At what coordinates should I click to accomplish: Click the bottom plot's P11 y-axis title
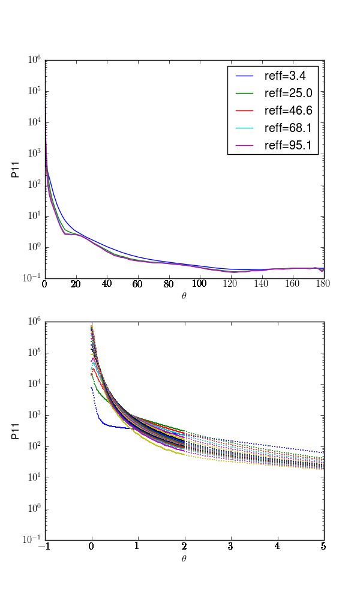pos(17,431)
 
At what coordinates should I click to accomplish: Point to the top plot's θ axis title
pos(184,295)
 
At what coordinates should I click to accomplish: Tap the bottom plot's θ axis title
pos(184,558)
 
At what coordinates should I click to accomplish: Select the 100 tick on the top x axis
pos(200,284)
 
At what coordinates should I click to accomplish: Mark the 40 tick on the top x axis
pos(107,284)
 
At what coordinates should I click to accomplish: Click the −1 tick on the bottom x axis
pos(45,547)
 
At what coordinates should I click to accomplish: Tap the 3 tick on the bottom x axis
pos(231,547)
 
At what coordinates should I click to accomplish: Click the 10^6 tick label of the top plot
pos(34,60)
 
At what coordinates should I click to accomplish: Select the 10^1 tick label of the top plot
pos(34,215)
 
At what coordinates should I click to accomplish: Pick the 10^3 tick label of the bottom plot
pos(34,415)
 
